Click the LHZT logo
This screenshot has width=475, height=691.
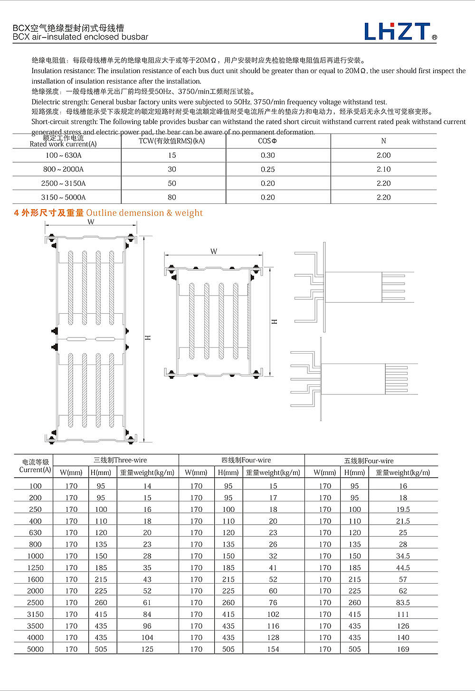point(400,31)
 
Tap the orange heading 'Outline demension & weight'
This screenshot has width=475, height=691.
point(144,213)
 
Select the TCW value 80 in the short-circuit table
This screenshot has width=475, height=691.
point(172,197)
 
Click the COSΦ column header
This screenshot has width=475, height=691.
point(268,141)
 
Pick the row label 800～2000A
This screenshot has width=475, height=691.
point(63,169)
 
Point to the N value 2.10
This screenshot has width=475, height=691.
point(383,169)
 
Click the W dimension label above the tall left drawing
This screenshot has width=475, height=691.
point(91,222)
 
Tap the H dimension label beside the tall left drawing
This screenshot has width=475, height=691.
point(148,337)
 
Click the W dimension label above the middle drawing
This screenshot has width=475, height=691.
point(214,251)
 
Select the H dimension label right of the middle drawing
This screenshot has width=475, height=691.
point(274,322)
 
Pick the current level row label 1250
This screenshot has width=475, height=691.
point(36,567)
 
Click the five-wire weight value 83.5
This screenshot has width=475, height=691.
point(403,603)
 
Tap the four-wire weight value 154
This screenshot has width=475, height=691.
point(273,649)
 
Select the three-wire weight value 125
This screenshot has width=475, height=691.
point(147,649)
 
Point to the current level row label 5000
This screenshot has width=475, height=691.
point(36,649)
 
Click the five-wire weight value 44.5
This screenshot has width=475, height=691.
point(403,567)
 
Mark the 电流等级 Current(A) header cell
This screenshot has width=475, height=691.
point(35,466)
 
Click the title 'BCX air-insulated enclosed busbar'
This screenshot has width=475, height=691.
point(81,37)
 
